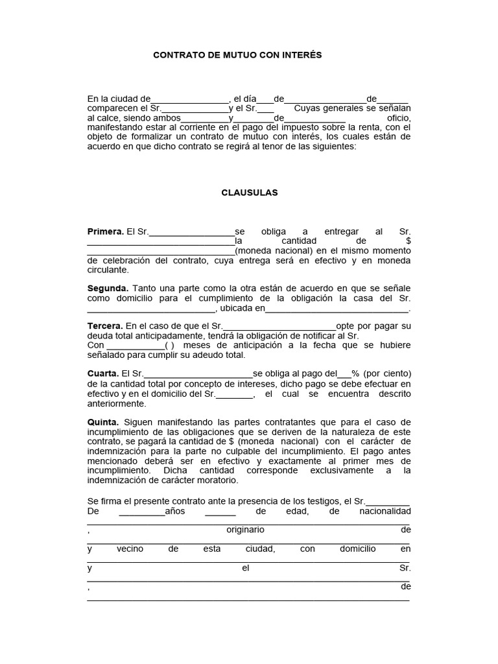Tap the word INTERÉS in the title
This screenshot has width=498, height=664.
click(300, 56)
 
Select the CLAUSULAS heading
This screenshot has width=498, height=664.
click(249, 193)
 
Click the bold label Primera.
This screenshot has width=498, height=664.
click(105, 231)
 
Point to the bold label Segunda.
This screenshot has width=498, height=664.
click(108, 288)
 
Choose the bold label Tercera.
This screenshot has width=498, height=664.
click(105, 326)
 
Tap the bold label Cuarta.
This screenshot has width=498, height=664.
click(103, 373)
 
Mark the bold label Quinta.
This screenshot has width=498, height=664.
click(103, 422)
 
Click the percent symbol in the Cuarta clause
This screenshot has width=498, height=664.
click(355, 373)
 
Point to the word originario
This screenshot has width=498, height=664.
click(245, 530)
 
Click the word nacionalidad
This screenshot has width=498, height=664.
click(385, 511)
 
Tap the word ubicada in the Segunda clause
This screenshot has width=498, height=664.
click(238, 308)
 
